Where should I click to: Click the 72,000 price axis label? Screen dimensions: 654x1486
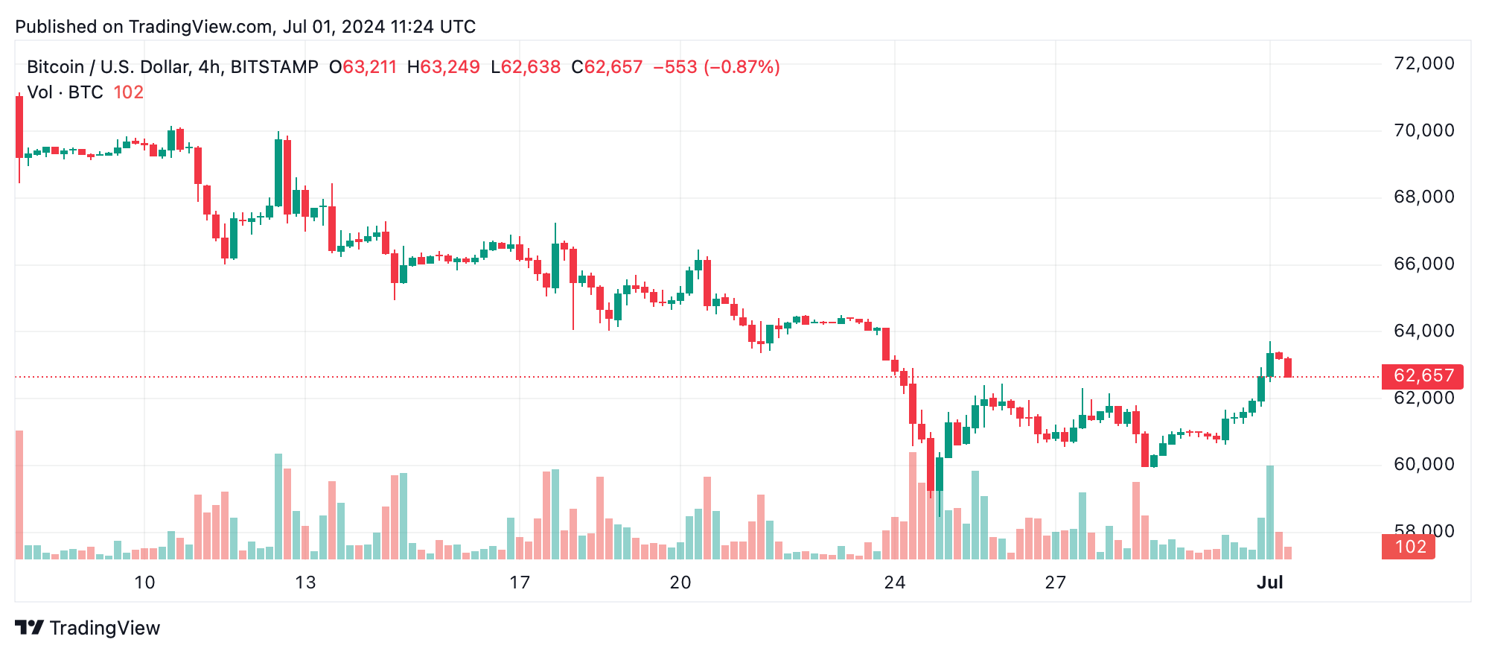click(1423, 63)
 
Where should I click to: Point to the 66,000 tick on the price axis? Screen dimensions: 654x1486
click(1423, 264)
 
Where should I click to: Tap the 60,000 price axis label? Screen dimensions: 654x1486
click(1423, 464)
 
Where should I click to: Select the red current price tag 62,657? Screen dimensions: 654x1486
click(1422, 376)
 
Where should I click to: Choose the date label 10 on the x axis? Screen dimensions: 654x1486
click(144, 582)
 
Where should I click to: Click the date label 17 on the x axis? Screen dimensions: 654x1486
click(520, 582)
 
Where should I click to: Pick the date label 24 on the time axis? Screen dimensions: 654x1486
click(895, 582)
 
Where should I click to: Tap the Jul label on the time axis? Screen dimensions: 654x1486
click(1269, 582)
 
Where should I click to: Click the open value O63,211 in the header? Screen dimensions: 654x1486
click(363, 67)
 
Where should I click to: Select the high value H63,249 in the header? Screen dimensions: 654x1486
click(443, 67)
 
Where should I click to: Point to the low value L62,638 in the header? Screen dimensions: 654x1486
click(526, 67)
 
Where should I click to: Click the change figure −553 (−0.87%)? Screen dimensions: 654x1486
click(716, 67)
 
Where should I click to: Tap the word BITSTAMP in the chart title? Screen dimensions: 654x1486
click(274, 67)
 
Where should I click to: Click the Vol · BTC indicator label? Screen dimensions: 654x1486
click(65, 92)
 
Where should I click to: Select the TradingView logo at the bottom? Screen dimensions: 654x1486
click(88, 628)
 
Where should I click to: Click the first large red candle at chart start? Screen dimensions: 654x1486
click(19, 127)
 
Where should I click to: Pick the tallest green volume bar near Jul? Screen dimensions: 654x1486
click(1270, 512)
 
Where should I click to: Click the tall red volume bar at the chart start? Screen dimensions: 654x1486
click(19, 495)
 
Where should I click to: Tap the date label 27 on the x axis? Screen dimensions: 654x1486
click(1056, 582)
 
